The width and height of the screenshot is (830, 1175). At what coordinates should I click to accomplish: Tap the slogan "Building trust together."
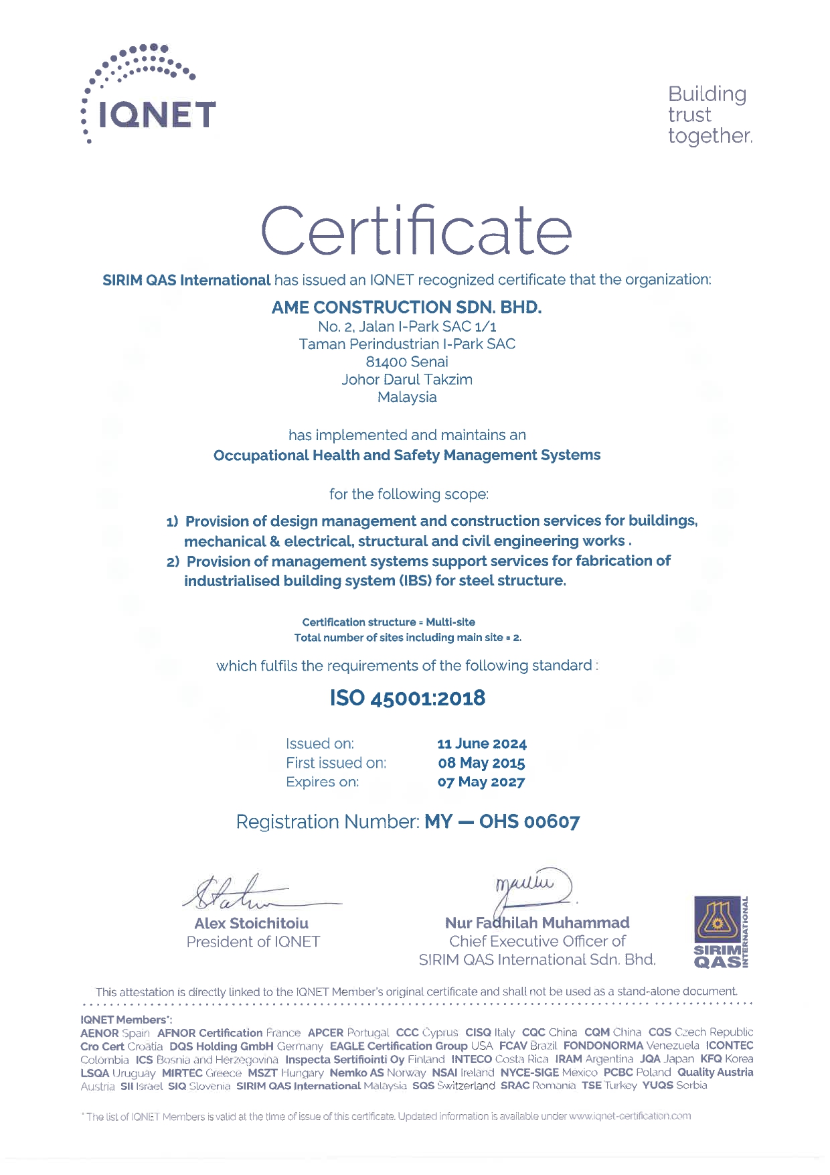coord(709,115)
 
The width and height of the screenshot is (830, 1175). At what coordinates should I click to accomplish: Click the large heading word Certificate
coord(416,231)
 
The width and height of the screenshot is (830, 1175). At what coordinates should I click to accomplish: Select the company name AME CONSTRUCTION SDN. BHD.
coord(406,307)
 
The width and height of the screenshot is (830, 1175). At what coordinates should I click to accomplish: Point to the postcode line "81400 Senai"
coord(407,362)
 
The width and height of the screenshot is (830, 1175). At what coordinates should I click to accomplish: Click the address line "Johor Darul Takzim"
coord(407,379)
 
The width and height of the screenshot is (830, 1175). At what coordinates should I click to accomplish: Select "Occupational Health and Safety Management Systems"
coord(406,456)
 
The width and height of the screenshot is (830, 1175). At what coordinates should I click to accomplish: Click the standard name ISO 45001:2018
coord(407,698)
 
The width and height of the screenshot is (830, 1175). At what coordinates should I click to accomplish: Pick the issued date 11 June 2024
coord(481,744)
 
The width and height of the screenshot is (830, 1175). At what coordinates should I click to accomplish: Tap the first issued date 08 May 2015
coord(481,763)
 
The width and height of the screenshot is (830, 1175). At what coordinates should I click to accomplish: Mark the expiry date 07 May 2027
coord(481,782)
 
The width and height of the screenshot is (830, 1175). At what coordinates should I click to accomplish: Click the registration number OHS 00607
coord(529,821)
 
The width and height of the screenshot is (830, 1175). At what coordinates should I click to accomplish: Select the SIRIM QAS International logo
coord(722,932)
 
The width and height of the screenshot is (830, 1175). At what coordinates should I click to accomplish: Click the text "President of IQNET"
coord(253,942)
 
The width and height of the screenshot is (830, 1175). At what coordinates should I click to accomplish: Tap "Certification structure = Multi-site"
coord(388,622)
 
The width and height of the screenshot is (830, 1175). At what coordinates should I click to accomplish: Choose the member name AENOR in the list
coord(99,1033)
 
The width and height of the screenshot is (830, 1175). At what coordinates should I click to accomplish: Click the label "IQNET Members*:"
coord(126,1020)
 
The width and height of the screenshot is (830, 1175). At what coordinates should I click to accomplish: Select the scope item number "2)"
coord(173,561)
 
